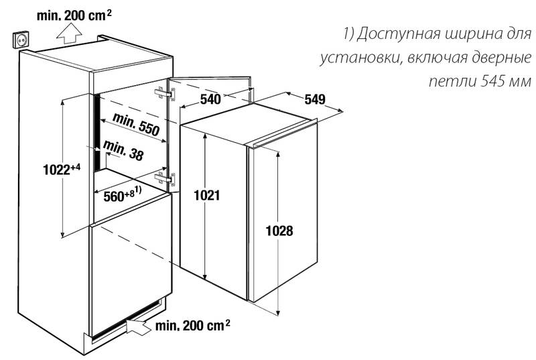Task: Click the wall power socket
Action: click(21, 40)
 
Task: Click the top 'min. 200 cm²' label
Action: click(74, 15)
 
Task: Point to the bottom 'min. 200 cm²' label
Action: click(192, 325)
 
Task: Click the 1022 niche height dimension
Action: click(62, 169)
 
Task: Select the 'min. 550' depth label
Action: click(136, 124)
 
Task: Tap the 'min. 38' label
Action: click(123, 150)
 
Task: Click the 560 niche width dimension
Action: click(123, 195)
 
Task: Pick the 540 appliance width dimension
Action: click(210, 99)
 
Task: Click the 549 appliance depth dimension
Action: click(315, 99)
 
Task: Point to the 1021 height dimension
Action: click(207, 195)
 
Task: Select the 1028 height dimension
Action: click(279, 231)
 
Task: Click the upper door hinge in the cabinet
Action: click(165, 94)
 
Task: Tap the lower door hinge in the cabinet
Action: click(165, 178)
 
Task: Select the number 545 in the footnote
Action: click(494, 81)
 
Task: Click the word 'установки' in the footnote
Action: click(360, 58)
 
